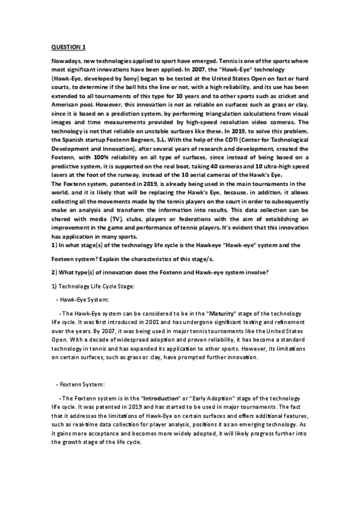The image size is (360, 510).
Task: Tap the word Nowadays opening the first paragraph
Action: [x=67, y=63]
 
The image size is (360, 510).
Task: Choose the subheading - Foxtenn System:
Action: [x=80, y=384]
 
